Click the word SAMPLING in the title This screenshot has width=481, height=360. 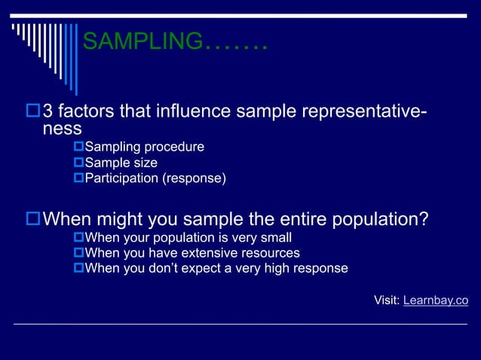tap(142, 41)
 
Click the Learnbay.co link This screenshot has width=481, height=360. tap(436, 301)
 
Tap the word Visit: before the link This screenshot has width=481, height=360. tap(387, 301)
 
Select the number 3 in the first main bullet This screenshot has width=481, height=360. tap(48, 113)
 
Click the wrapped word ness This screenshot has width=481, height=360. tap(62, 129)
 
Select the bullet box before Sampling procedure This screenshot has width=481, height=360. tap(78, 147)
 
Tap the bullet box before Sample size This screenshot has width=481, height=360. tap(78, 163)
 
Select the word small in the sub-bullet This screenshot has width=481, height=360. tap(275, 238)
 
